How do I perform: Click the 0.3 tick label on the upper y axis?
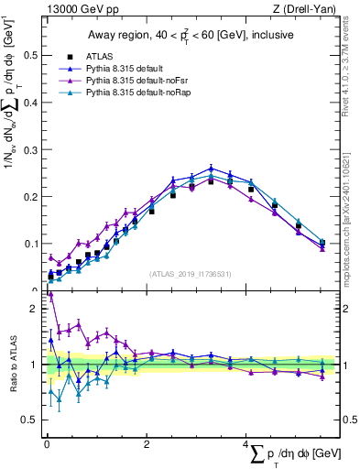coord(30,149)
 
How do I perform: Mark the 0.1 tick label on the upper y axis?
coord(30,244)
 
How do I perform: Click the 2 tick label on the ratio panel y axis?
coord(34,309)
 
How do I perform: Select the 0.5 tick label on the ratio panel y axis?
coord(30,420)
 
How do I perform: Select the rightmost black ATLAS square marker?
coord(322,243)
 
